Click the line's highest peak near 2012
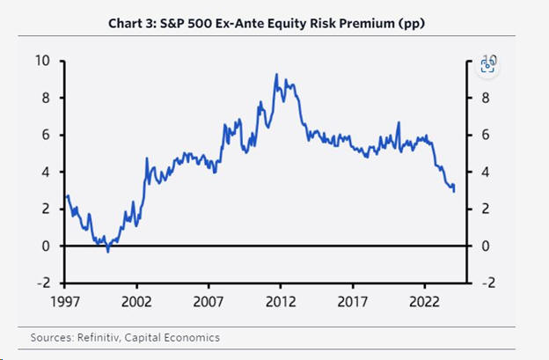coord(276,75)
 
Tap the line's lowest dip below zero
coord(108,251)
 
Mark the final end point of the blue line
coord(454,190)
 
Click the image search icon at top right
coord(487,64)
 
